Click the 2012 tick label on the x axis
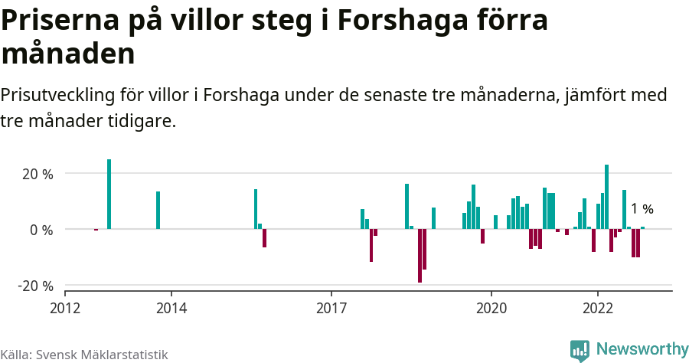point(65,306)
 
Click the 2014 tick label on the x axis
point(171,306)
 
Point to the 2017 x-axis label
point(331,306)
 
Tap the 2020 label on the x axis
point(491,306)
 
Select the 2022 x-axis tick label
point(597,306)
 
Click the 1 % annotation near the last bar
point(642,209)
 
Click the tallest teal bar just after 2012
point(109,195)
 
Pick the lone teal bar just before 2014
point(158,210)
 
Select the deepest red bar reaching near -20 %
point(420,256)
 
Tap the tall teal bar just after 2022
point(606,197)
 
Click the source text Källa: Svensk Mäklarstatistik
point(84,355)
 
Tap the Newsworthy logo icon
point(580,350)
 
